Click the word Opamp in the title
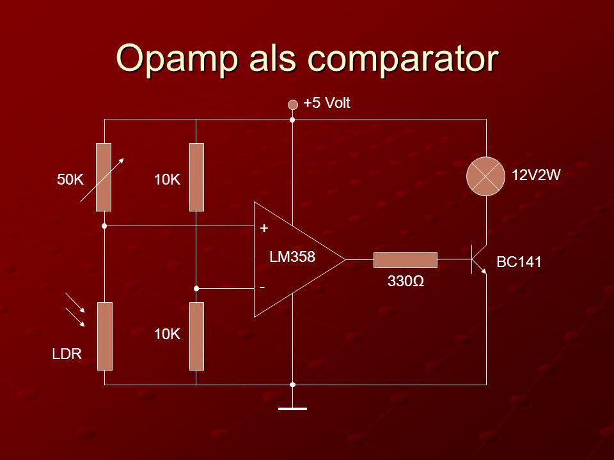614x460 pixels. coord(177,59)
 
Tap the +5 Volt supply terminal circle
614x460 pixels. coord(292,104)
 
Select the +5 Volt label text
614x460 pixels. coord(327,103)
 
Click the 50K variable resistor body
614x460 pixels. coord(104,177)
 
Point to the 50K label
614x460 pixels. coord(70,180)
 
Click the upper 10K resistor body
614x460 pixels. coord(196,177)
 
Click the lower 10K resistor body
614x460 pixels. coord(196,336)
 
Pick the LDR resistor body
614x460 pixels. coord(104,336)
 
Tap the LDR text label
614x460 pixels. coord(67,354)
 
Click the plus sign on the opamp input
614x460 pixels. coord(264,227)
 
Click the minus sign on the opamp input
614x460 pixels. coord(262,288)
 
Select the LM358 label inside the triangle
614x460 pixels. coord(292,257)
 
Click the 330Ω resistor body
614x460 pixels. coord(405,260)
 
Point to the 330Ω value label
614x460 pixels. coord(405,281)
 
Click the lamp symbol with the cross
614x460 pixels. coord(485,176)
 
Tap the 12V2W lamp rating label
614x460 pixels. coord(537,175)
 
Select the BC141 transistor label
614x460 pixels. coord(519,262)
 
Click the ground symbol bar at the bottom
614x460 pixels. coord(292,409)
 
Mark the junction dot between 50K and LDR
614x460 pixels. coord(104,226)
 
